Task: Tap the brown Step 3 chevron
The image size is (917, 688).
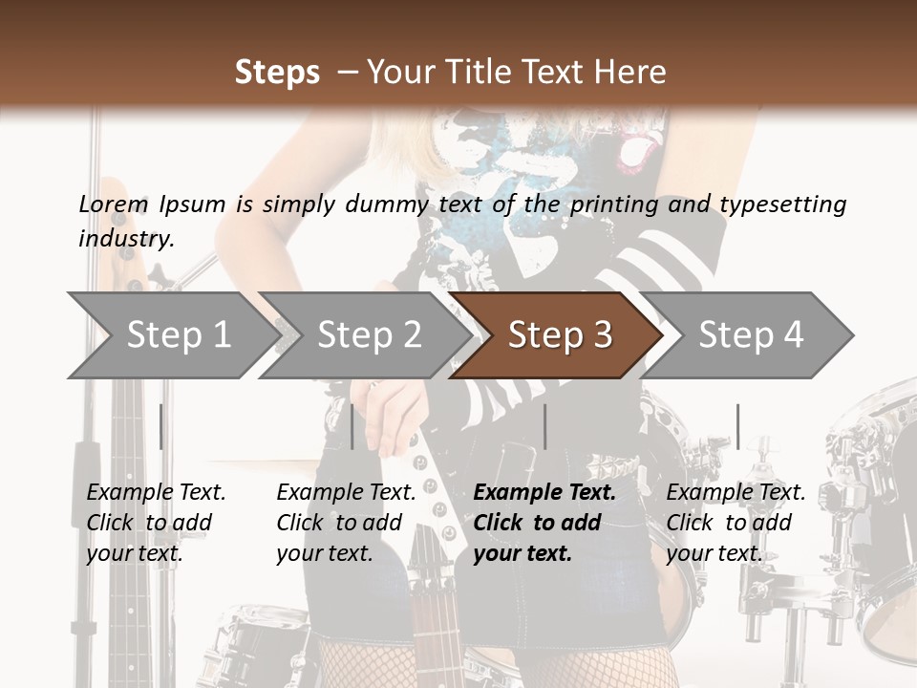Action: (x=560, y=334)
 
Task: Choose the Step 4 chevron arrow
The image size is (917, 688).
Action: (x=751, y=334)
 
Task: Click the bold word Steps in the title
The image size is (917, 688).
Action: (x=277, y=72)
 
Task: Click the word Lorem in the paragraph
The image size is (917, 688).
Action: (x=113, y=204)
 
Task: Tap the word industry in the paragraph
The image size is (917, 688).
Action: (x=126, y=238)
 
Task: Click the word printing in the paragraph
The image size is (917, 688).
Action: (x=614, y=204)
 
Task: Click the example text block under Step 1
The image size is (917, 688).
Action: (x=156, y=523)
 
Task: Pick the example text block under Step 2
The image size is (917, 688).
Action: (x=346, y=523)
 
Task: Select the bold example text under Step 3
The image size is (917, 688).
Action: (x=544, y=523)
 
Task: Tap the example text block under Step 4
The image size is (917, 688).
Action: (x=736, y=523)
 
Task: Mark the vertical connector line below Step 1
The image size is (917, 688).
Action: (x=160, y=426)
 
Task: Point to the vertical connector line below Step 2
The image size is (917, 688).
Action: (x=352, y=426)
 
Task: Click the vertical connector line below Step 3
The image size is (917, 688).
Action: (x=544, y=426)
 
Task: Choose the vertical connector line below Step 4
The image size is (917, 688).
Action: (x=737, y=426)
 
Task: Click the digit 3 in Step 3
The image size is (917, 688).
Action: (x=602, y=334)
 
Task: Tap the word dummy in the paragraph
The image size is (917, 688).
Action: (x=387, y=204)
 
